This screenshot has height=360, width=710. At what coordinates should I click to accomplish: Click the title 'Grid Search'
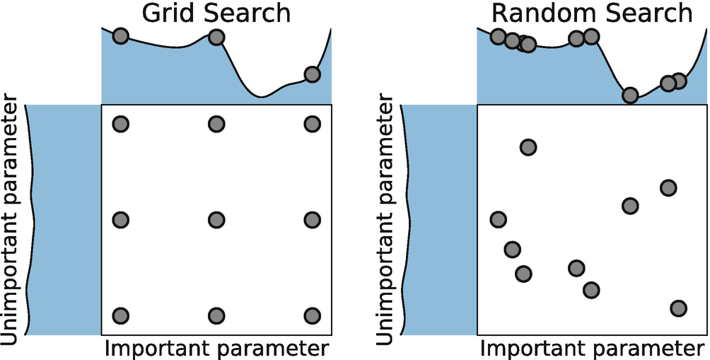(216, 13)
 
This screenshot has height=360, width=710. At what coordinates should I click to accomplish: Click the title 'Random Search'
(591, 13)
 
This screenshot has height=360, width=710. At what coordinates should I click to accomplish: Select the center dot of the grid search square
(216, 220)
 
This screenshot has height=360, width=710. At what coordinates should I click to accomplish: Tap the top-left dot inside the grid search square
(121, 124)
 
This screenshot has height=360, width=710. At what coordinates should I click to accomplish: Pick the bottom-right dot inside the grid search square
(312, 315)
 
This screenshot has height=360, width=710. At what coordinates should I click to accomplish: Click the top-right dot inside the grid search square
(312, 124)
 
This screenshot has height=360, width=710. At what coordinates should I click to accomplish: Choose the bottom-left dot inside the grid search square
(121, 315)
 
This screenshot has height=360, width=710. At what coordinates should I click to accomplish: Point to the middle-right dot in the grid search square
(312, 220)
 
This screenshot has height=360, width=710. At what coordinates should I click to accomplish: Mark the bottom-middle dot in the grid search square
(216, 315)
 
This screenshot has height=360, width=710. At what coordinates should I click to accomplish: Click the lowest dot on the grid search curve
(312, 74)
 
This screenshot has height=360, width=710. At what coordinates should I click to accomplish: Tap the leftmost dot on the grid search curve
(120, 36)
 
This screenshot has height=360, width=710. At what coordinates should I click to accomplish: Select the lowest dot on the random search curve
(630, 95)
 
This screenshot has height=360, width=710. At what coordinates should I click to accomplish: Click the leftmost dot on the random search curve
(498, 37)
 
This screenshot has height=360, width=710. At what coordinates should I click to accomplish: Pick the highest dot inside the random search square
(528, 147)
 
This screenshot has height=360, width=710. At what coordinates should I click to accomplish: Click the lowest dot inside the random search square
(678, 308)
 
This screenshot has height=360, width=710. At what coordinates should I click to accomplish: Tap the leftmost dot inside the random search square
(498, 219)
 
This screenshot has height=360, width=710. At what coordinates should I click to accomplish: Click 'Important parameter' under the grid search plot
(216, 348)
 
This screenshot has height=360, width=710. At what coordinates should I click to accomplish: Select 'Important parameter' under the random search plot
(593, 348)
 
